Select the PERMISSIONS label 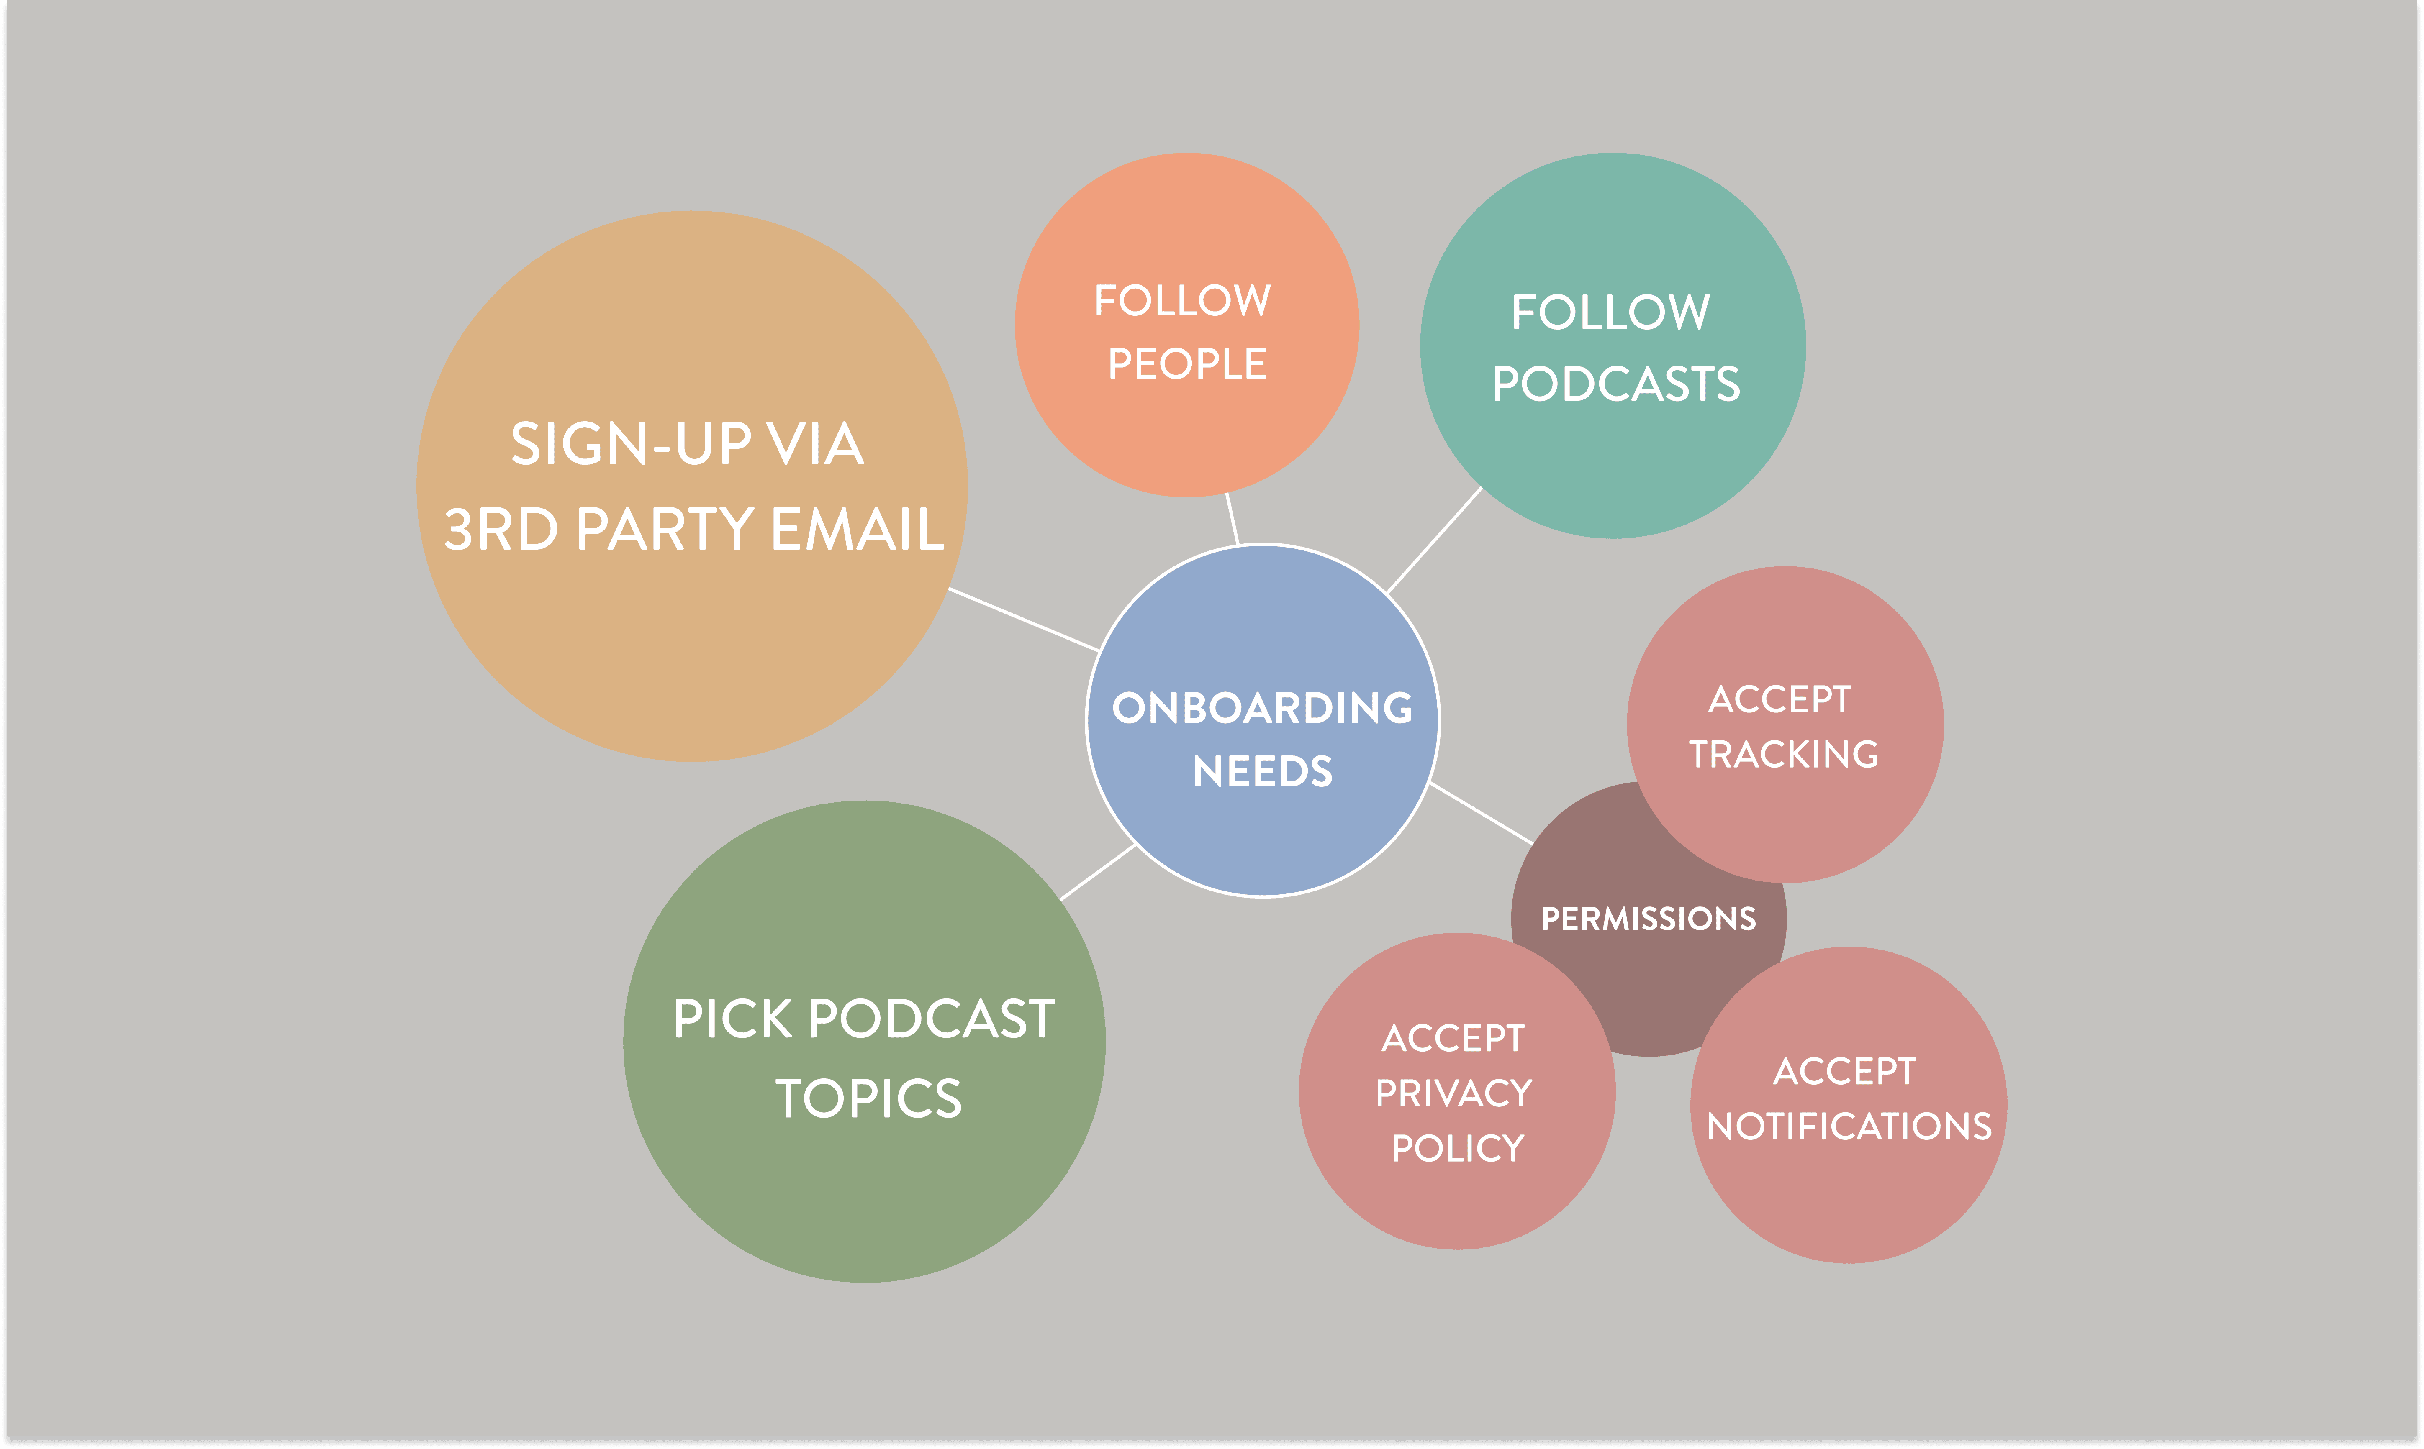pos(1649,919)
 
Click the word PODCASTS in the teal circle pos(1615,384)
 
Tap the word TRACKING pos(1783,754)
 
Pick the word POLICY pos(1457,1148)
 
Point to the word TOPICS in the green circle pos(868,1098)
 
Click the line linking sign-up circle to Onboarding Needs pos(1024,619)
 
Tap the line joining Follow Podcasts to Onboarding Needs pos(1434,540)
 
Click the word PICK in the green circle pos(732,1019)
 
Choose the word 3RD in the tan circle pos(501,529)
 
